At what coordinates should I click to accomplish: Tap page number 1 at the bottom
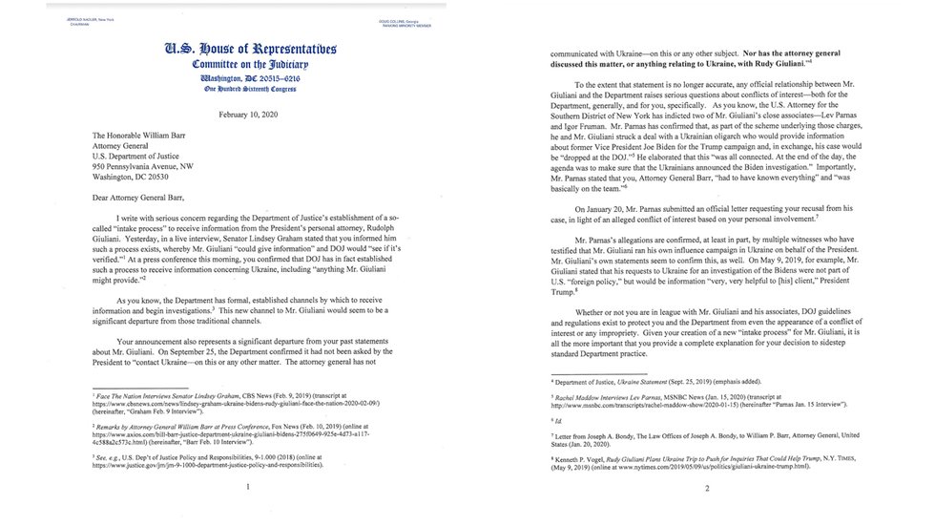coord(247,487)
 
